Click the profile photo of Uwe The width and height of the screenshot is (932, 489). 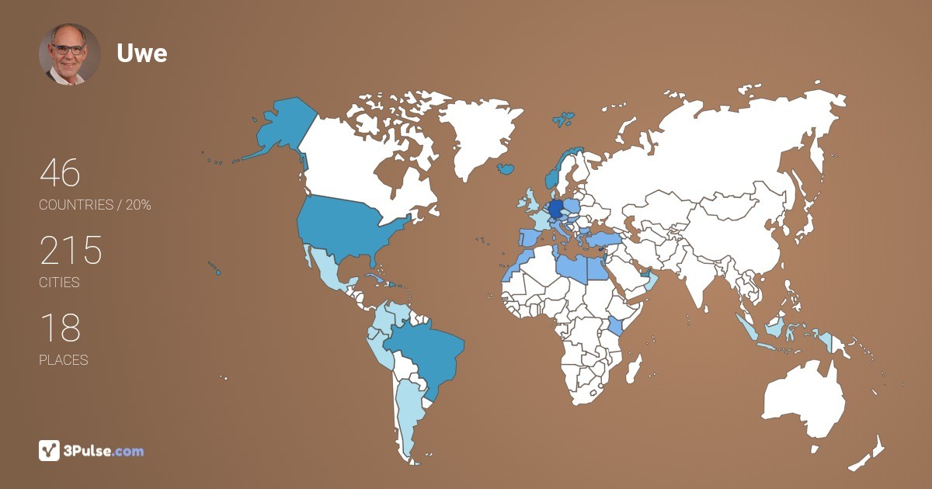pos(69,54)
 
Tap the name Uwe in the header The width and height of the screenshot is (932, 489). pos(142,53)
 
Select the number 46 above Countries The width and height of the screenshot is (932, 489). pos(60,173)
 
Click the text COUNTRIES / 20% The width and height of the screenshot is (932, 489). pos(95,205)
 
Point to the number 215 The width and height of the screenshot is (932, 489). pos(71,251)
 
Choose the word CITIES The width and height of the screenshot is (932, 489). pos(59,283)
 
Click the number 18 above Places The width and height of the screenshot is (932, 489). pos(60,328)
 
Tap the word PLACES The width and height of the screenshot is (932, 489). pos(63,360)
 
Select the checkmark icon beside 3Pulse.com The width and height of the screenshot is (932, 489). pos(49,450)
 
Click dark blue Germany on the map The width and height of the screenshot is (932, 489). pos(556,210)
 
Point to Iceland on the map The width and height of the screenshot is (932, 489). pos(506,168)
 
